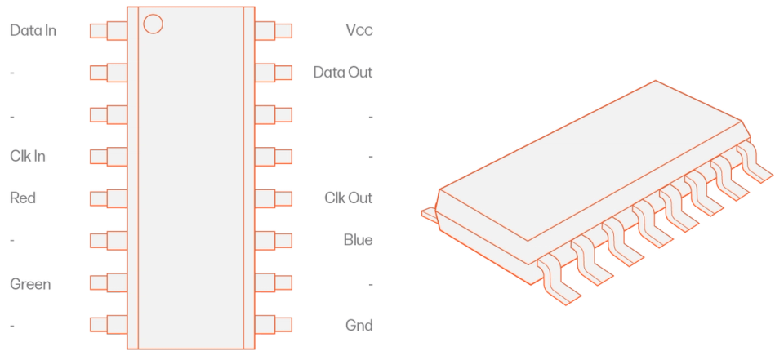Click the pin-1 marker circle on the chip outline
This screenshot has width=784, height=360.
153,23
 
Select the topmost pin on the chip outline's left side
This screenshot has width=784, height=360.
107,32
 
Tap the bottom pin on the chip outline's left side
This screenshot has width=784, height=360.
107,324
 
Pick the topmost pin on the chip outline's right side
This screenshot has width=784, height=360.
274,32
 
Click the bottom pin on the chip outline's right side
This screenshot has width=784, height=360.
274,324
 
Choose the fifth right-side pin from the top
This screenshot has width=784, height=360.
274,198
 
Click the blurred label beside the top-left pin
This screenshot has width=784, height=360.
33,33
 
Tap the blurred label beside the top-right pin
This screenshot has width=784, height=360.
359,32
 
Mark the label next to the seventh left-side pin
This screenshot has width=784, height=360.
29,283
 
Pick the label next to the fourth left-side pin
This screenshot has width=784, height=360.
26,155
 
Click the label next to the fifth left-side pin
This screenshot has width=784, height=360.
22,198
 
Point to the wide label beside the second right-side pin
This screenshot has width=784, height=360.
343,73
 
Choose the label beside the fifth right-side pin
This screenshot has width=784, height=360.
347,198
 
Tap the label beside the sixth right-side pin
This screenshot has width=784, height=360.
358,241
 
